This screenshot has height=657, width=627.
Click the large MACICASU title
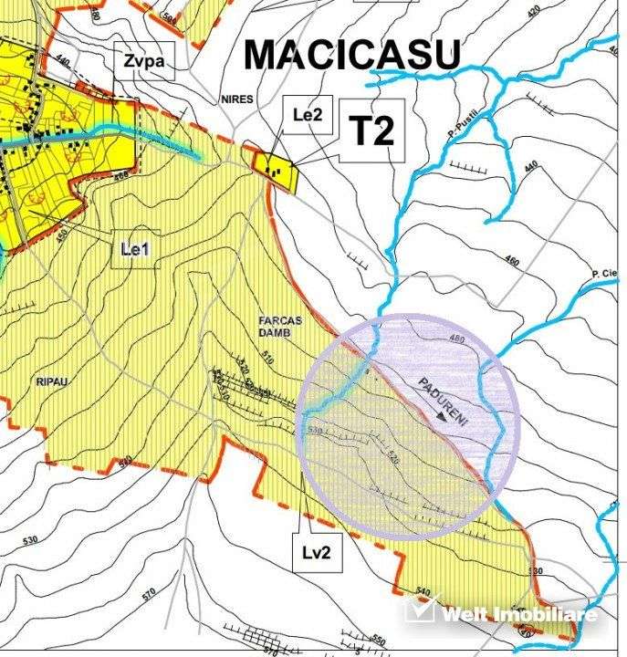[351, 56]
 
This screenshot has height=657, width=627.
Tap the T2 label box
[372, 130]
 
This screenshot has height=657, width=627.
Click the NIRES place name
[235, 99]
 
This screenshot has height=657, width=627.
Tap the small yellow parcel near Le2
[277, 169]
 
